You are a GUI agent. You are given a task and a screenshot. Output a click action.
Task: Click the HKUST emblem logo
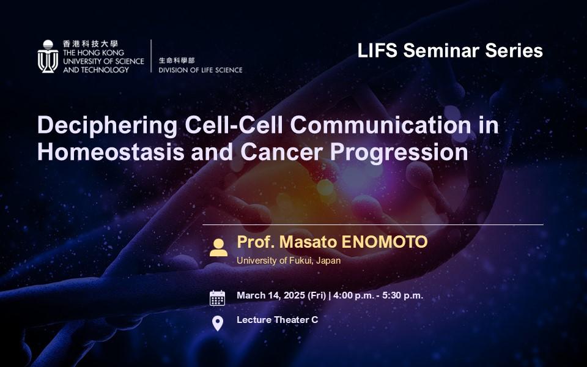(48, 56)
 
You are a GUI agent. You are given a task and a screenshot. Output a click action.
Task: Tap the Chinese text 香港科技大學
(90, 43)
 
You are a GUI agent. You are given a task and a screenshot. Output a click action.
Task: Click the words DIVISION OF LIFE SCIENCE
(201, 70)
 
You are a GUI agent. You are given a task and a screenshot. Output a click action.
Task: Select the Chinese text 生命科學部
(177, 61)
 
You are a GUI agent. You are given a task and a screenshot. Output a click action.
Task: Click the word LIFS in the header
(377, 51)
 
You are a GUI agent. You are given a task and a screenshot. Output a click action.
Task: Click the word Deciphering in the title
(107, 126)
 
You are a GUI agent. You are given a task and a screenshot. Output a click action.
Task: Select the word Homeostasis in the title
(111, 152)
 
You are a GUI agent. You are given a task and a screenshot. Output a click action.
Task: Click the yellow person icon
(219, 248)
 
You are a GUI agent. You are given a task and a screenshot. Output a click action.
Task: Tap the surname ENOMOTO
(385, 242)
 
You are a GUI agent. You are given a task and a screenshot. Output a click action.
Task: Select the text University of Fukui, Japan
(289, 261)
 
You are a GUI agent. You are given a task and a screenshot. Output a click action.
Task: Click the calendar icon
(217, 298)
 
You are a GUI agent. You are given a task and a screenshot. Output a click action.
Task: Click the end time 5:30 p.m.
(402, 295)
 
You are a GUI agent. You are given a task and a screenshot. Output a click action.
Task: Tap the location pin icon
(218, 324)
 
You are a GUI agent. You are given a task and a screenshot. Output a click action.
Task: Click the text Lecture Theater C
(278, 320)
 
